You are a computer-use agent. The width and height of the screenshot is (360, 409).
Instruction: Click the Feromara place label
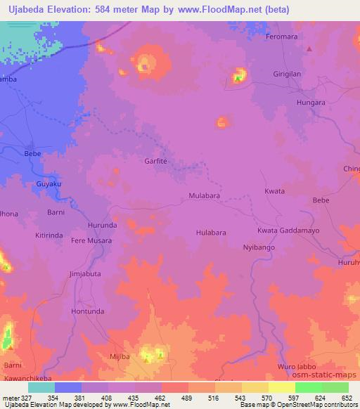(x=282, y=35)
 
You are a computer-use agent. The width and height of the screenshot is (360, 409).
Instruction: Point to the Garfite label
(x=156, y=161)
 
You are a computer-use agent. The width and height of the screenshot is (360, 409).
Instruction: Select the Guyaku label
(x=49, y=184)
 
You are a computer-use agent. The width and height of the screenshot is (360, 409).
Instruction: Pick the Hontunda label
(x=88, y=311)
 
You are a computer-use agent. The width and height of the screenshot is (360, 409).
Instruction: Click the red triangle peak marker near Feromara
(x=310, y=48)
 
